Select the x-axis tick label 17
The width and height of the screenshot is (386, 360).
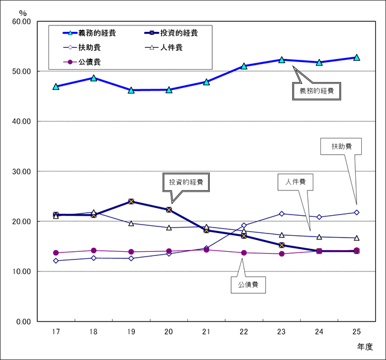pyautogui.click(x=56, y=332)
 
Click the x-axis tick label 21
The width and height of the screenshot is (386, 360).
pyautogui.click(x=206, y=332)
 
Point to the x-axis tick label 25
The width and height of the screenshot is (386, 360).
pyautogui.click(x=356, y=332)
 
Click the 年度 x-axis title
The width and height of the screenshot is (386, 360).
pyautogui.click(x=365, y=347)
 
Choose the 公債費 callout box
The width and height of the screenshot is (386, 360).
pyautogui.click(x=248, y=286)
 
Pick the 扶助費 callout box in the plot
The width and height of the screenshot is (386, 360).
pyautogui.click(x=339, y=146)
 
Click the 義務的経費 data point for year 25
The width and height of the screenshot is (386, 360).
pyautogui.click(x=356, y=57)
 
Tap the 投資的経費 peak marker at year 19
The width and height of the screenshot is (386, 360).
pyautogui.click(x=131, y=202)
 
